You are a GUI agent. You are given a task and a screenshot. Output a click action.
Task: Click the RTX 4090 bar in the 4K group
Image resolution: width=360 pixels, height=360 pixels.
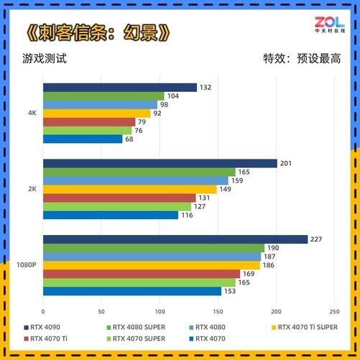click(x=120, y=88)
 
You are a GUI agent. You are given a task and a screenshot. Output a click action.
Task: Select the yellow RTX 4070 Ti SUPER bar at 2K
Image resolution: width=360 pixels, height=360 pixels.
click(x=130, y=189)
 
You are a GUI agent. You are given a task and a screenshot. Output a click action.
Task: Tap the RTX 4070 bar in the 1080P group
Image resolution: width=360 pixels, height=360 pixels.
click(x=132, y=291)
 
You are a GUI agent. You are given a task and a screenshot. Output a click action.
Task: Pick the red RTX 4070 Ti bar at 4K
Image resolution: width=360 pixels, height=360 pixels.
click(x=89, y=122)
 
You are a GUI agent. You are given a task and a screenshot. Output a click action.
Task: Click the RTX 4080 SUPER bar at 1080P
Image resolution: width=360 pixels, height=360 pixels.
click(x=154, y=248)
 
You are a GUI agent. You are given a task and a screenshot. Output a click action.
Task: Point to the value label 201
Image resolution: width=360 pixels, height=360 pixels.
click(x=286, y=163)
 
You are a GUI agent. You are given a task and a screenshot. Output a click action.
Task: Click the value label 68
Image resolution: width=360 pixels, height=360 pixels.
click(x=129, y=139)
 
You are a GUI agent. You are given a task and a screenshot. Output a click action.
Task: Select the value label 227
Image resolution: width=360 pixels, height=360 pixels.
click(x=316, y=239)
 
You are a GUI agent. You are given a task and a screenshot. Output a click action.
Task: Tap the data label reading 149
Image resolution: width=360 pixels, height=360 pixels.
click(x=225, y=189)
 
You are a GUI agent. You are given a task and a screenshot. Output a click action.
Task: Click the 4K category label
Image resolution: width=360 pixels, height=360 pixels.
click(x=32, y=113)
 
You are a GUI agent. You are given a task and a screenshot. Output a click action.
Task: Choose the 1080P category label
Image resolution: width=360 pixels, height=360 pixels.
click(x=27, y=265)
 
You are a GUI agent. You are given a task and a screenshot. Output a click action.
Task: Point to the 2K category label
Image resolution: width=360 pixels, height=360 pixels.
click(x=32, y=189)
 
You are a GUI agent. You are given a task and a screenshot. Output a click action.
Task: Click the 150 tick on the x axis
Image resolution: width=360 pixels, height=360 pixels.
click(x=218, y=312)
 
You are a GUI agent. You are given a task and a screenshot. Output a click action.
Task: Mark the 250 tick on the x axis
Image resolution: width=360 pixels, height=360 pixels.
click(x=334, y=312)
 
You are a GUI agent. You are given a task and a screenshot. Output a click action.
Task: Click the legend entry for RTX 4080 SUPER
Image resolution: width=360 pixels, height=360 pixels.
click(x=136, y=327)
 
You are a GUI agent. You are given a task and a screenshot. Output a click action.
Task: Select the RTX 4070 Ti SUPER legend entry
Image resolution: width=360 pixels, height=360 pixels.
click(x=305, y=327)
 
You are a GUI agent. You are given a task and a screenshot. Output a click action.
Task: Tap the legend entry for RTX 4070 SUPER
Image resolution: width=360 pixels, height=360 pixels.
click(x=136, y=338)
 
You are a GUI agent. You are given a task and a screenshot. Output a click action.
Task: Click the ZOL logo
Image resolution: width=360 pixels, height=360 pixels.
click(x=330, y=24)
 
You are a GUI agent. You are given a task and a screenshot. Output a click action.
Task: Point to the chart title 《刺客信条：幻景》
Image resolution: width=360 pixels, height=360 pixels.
click(x=98, y=32)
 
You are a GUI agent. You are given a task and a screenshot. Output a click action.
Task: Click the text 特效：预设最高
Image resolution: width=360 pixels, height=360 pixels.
click(x=302, y=58)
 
